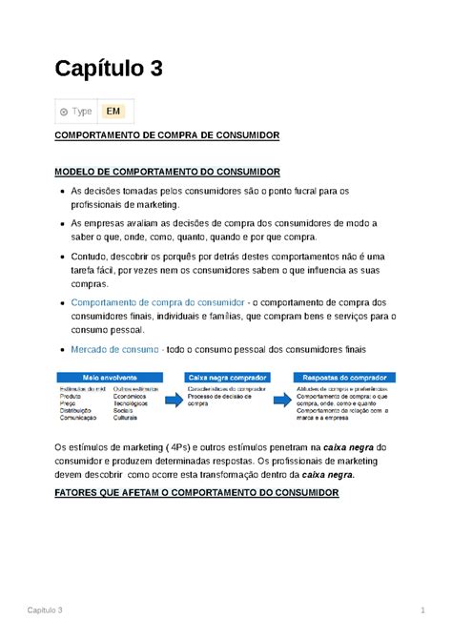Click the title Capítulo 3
pyautogui.click(x=108, y=70)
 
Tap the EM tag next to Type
pyautogui.click(x=113, y=112)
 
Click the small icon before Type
pyautogui.click(x=64, y=112)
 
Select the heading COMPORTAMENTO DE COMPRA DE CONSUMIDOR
pyautogui.click(x=166, y=136)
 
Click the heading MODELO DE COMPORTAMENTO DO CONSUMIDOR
pyautogui.click(x=166, y=172)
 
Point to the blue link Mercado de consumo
pyautogui.click(x=115, y=349)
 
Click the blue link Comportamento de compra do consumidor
pyautogui.click(x=158, y=301)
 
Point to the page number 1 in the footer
pyautogui.click(x=421, y=609)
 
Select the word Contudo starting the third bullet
pyautogui.click(x=92, y=257)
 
